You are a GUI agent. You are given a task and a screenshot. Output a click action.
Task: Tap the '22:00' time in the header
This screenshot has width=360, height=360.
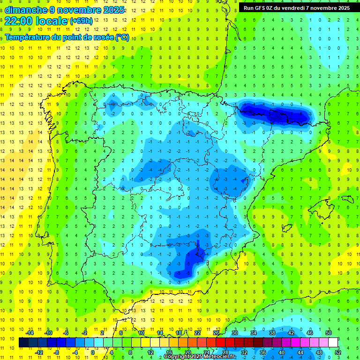18,21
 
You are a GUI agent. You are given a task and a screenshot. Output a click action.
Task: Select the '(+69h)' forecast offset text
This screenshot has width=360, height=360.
80,21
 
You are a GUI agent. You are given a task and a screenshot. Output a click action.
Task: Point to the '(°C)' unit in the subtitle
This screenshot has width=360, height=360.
122,37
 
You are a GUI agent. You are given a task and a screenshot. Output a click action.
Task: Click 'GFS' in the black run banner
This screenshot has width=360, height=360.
263,8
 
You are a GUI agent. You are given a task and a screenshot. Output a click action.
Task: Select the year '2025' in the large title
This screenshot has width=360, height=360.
113,10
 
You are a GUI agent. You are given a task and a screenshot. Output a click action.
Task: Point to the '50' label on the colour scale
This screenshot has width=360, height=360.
329,333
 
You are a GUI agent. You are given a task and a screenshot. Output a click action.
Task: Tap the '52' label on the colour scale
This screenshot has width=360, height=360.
338,352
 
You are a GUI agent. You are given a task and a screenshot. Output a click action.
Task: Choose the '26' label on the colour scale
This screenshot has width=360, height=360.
216,333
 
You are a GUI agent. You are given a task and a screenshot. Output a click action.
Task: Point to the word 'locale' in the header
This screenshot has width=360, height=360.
53,21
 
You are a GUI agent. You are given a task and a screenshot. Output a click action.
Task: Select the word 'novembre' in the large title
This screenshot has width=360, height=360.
75,10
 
